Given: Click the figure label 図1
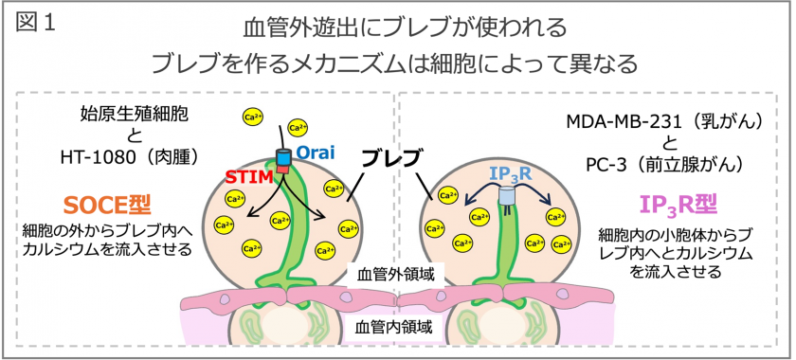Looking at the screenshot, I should tap(35, 24).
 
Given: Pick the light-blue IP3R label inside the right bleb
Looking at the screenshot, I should tap(509, 174).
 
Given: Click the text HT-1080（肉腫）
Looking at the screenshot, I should tap(124, 162).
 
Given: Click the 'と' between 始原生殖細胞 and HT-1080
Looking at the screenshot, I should tap(128, 139).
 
